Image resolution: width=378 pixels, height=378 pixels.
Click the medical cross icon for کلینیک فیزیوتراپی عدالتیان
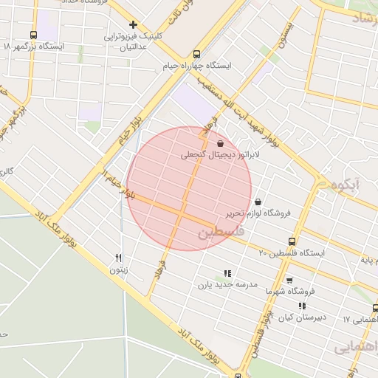[133, 24]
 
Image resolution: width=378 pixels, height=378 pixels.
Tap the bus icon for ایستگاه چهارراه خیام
[196, 54]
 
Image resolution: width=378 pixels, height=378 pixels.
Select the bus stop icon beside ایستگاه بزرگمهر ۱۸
[33, 35]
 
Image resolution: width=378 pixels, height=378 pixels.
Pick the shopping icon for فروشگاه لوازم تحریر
[258, 201]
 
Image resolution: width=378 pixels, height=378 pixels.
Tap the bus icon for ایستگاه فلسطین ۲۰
[292, 241]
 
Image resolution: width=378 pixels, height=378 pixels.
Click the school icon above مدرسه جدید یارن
[227, 272]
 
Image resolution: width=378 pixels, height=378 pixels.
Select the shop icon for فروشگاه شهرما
[289, 280]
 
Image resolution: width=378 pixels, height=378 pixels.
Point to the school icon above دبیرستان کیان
[302, 305]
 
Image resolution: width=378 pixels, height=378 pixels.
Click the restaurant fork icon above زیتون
[118, 258]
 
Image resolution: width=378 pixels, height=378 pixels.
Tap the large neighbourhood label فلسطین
[219, 233]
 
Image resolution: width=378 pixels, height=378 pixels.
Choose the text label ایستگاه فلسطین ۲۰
[292, 253]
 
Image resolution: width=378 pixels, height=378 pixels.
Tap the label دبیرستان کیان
[301, 317]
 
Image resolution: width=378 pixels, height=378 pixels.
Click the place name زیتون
[119, 270]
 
